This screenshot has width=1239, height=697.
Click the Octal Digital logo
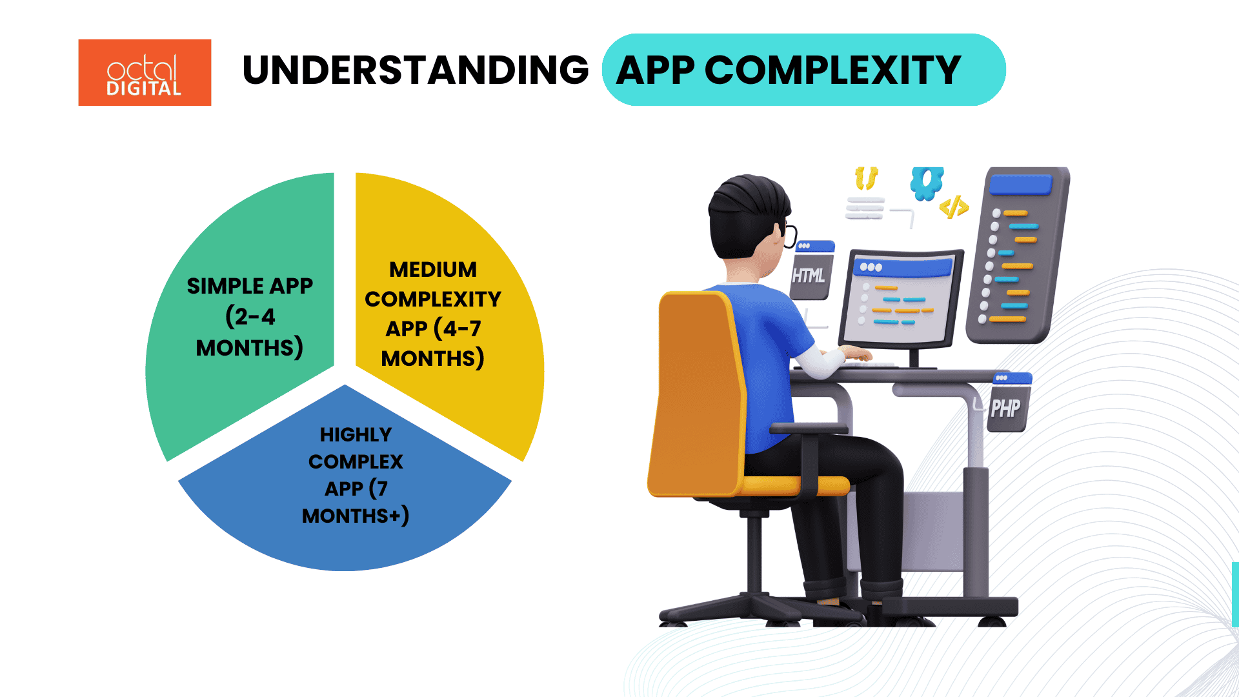(145, 72)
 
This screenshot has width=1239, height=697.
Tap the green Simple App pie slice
(213, 387)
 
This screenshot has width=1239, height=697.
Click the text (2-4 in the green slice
(250, 316)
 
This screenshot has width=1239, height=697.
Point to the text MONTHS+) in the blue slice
(355, 516)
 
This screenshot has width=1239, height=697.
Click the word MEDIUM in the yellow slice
(433, 269)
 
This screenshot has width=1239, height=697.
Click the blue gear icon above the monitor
(927, 183)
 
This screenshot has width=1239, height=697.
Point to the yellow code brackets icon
(954, 207)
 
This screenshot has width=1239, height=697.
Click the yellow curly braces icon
(866, 177)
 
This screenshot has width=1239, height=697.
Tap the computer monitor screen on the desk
(901, 300)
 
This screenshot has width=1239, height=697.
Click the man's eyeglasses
(789, 236)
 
